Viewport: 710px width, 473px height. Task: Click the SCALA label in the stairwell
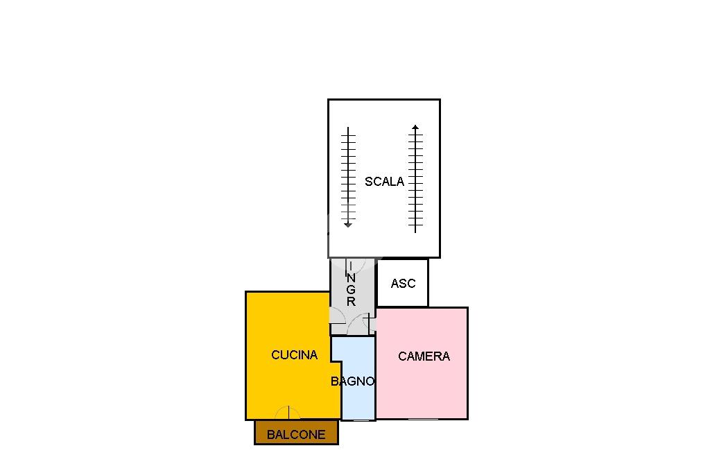coord(384,182)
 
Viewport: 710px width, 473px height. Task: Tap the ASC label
coord(403,283)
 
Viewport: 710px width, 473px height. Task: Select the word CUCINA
coord(294,355)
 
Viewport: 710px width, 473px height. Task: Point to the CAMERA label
coord(424,356)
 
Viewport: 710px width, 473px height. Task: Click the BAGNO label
coord(352,381)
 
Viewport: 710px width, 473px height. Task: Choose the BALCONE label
coord(296,435)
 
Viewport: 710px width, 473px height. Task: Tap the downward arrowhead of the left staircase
coord(348,224)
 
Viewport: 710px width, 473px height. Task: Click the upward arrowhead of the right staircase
coord(415,128)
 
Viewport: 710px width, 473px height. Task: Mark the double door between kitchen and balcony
coord(288,413)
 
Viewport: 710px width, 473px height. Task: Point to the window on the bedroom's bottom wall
coord(423,419)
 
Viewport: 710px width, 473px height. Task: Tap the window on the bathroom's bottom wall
coord(358,420)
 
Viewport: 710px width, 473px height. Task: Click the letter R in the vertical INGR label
coord(351,301)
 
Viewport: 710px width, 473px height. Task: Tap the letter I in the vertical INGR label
coord(351,266)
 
